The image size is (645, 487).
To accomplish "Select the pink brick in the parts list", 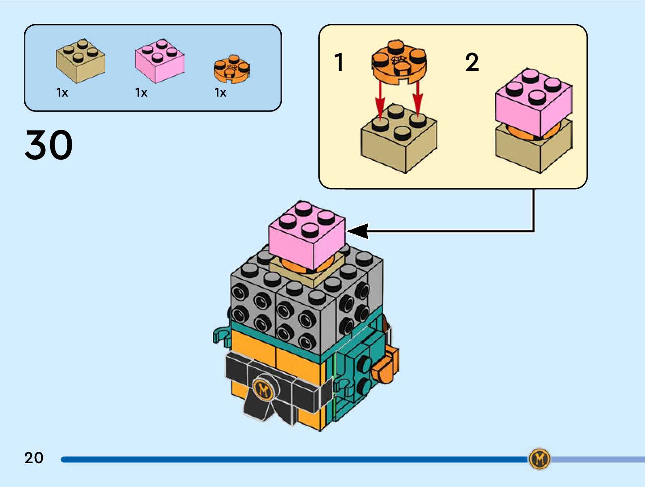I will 159,62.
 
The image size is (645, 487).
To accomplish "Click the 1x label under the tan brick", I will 62,93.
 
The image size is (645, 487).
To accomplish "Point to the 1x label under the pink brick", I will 141,93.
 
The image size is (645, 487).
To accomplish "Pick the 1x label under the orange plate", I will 221,93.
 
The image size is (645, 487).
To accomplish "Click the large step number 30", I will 49,145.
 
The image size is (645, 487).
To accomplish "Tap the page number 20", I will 34,458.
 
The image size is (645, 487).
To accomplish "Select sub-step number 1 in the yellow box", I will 339,63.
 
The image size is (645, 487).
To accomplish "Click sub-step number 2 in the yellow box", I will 472,63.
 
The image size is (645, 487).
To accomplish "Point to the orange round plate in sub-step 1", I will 399,63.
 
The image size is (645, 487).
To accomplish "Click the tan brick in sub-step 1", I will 399,139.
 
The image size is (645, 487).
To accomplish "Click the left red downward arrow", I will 380,99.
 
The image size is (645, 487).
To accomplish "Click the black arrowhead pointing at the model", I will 359,231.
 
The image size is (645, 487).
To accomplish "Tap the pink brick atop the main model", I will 307,234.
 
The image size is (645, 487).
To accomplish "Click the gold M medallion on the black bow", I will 264,390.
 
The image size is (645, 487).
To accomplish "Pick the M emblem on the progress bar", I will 539,459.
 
